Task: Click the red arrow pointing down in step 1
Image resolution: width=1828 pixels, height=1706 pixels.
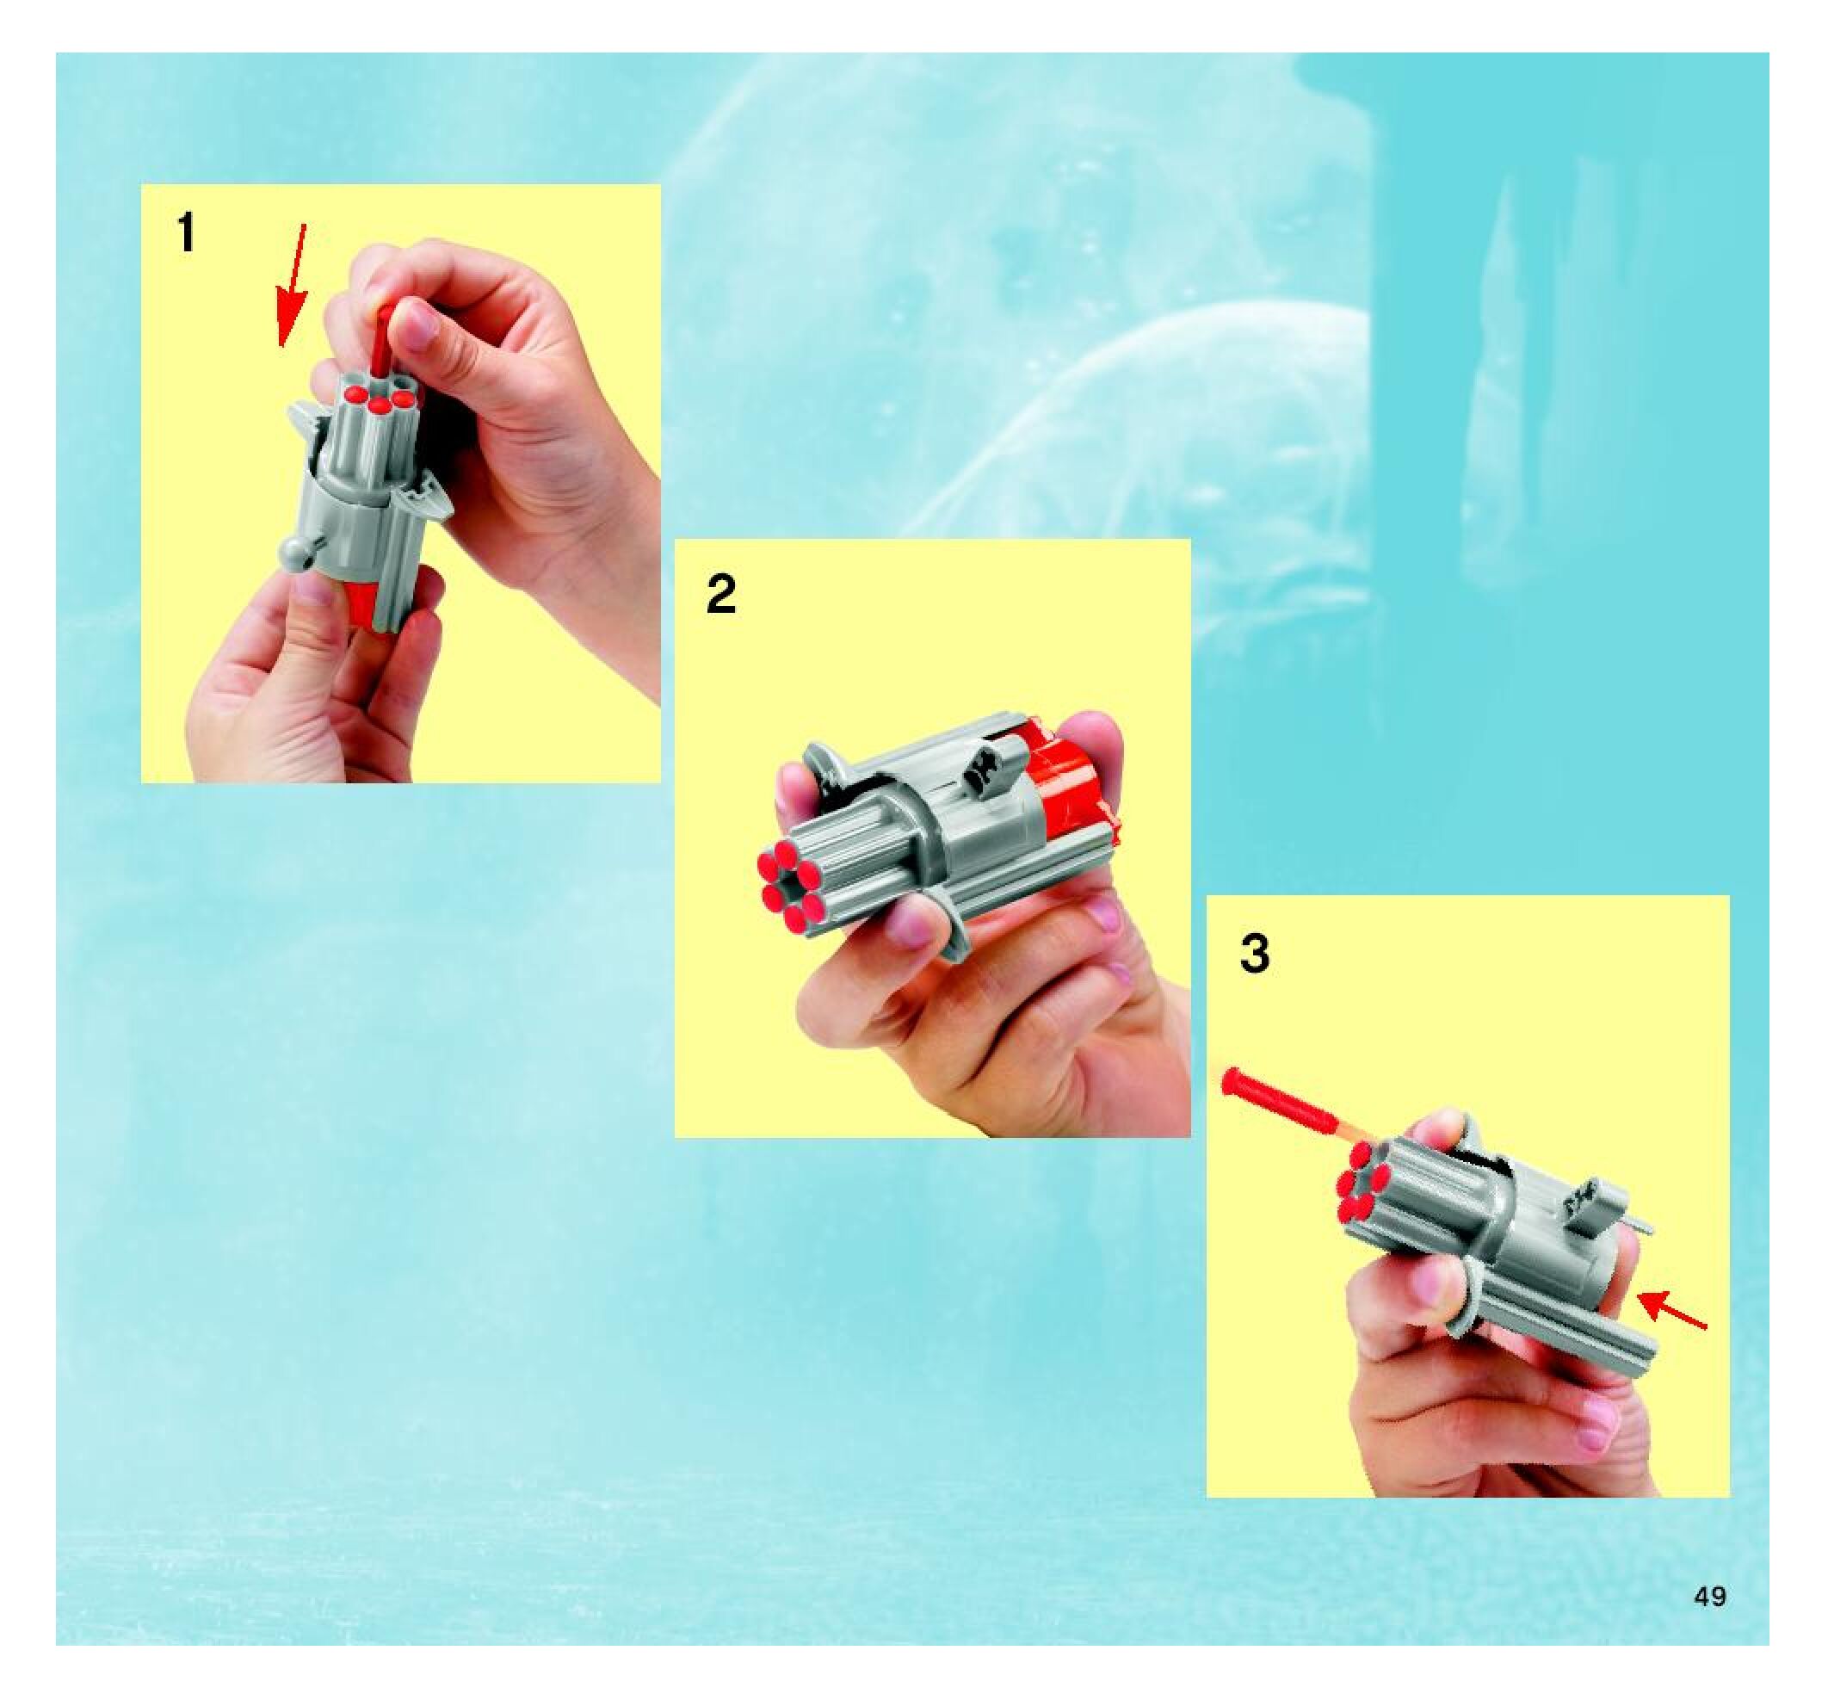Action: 293,285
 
